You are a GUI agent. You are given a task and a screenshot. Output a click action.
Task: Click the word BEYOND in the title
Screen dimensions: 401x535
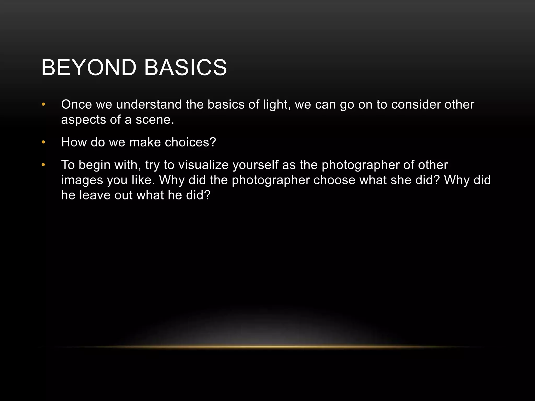click(x=89, y=68)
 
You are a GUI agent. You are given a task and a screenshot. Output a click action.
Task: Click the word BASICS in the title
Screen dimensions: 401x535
click(x=185, y=68)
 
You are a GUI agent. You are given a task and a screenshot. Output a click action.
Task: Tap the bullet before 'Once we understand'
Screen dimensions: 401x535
click(x=43, y=105)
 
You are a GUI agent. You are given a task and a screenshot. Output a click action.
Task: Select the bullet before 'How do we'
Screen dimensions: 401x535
click(x=43, y=142)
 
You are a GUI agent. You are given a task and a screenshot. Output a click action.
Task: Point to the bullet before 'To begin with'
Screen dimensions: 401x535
click(x=43, y=165)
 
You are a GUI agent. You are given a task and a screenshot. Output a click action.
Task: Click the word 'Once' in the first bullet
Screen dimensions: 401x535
click(x=76, y=105)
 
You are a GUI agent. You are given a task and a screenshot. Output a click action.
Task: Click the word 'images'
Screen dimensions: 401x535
click(x=82, y=180)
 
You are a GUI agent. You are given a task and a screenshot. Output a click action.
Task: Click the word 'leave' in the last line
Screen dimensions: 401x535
click(x=95, y=195)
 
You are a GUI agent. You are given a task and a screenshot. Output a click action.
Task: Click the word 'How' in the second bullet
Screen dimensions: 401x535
click(x=74, y=143)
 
